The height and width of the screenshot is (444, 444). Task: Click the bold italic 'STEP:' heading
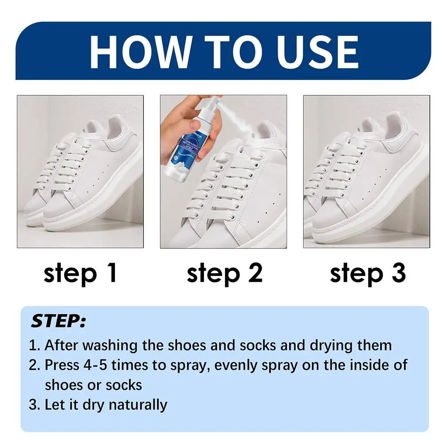[58, 322]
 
